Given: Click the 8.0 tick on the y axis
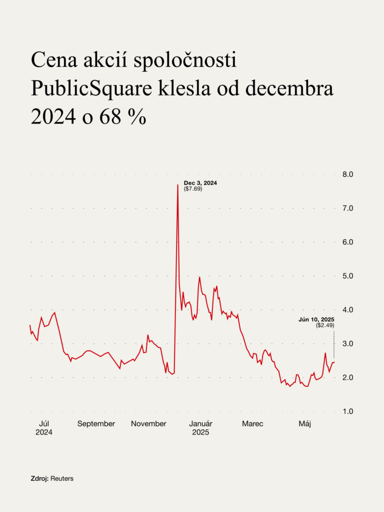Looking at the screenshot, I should pos(347,174).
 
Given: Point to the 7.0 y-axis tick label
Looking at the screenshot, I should pos(347,208).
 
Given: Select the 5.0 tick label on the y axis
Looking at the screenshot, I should pos(347,276).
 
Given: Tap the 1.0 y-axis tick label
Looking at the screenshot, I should pos(347,411).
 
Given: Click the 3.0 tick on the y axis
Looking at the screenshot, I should pos(347,344).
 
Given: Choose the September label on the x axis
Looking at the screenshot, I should pos(96,424).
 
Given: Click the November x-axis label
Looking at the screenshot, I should pos(148,424).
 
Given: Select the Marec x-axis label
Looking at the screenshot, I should pos(252,424).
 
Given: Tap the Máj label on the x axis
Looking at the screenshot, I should pos(305,424).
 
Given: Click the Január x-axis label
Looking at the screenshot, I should pos(200,424).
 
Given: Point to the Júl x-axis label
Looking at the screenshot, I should pos(44,424).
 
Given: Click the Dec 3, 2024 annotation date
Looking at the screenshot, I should pos(200,183).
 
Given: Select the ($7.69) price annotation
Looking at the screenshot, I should pos(193,189).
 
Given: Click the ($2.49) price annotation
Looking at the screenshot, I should pos(325,325).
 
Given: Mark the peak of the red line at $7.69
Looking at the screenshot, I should pos(177,185).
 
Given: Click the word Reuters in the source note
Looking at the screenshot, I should pos(62,478).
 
